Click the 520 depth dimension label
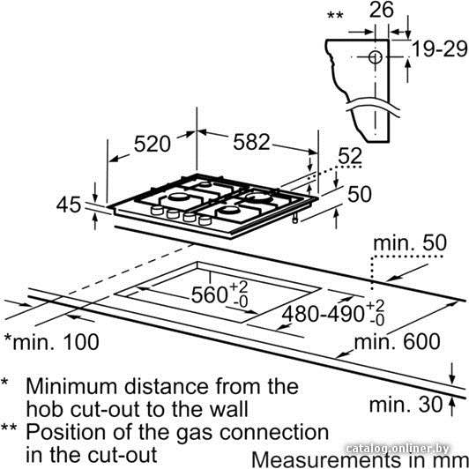pyautogui.click(x=152, y=145)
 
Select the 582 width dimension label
pyautogui.click(x=251, y=142)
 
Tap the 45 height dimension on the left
pyautogui.click(x=69, y=205)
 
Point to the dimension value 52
pyautogui.click(x=350, y=156)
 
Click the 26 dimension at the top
pyautogui.click(x=382, y=10)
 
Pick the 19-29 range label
pyautogui.click(x=440, y=48)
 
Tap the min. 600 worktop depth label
pyautogui.click(x=398, y=341)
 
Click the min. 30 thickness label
pyautogui.click(x=406, y=405)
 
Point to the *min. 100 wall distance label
pyautogui.click(x=51, y=342)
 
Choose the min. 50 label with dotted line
pyautogui.click(x=410, y=243)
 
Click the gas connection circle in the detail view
pyautogui.click(x=375, y=56)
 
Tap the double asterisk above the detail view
pyautogui.click(x=335, y=15)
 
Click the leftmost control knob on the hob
pyautogui.click(x=157, y=210)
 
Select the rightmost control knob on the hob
pyautogui.click(x=205, y=220)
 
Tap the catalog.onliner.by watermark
pyautogui.click(x=398, y=449)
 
